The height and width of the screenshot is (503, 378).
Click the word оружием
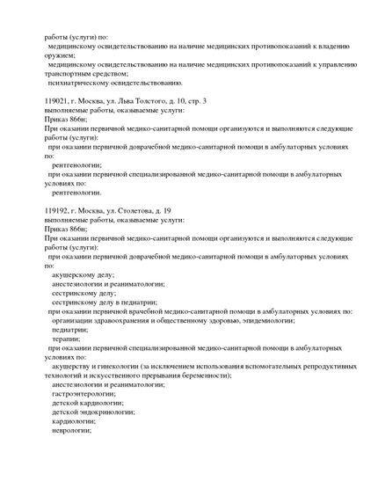62,55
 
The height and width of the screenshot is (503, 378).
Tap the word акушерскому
78,274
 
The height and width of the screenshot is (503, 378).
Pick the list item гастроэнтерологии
88,394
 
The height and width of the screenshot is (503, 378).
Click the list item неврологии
71,430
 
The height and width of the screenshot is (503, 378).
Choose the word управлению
329,64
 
